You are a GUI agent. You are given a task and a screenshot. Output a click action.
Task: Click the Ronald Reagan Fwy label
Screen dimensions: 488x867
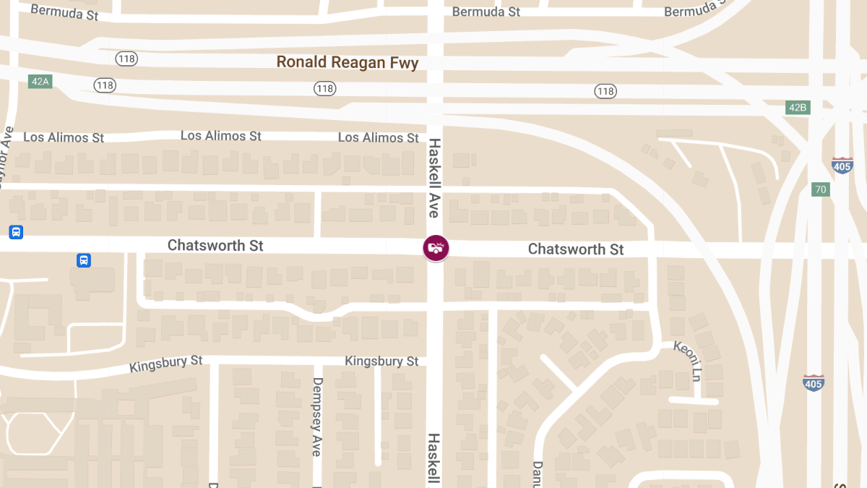coord(348,63)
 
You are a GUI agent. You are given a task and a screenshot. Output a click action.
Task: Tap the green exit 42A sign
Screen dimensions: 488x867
coord(40,81)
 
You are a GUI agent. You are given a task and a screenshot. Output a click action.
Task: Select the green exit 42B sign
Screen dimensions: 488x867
coord(797,108)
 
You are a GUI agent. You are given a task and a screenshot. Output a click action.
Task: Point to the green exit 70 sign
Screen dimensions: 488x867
coord(820,189)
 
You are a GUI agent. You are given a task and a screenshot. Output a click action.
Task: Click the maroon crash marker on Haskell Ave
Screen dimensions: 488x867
coord(436,248)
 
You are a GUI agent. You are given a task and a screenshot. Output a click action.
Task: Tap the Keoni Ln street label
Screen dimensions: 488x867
coord(687,359)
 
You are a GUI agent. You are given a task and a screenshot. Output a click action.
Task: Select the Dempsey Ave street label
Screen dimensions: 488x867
coord(316,416)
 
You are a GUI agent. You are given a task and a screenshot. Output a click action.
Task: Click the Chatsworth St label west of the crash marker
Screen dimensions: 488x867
coord(215,246)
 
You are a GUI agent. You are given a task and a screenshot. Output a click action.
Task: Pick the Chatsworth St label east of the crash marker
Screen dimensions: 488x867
coord(576,249)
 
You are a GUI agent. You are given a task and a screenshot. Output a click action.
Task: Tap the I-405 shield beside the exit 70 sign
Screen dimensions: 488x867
coord(842,165)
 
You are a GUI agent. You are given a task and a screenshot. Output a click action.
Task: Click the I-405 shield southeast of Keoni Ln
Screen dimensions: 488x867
coord(814,382)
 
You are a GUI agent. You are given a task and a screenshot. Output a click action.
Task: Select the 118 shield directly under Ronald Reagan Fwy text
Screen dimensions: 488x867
coord(325,88)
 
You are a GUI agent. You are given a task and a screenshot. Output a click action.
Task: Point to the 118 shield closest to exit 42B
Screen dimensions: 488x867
coord(605,91)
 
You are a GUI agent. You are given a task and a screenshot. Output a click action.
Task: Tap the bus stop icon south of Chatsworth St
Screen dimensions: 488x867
coord(84,260)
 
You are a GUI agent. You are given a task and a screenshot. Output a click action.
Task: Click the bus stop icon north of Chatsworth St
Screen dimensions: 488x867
coord(16,232)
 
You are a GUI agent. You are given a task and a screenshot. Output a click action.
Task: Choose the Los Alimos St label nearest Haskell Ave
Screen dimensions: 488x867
coord(378,137)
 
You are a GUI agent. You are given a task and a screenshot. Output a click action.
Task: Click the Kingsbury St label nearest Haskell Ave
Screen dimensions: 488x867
coord(381,361)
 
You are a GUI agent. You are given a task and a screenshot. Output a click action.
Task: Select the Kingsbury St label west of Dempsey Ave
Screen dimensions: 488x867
coord(166,364)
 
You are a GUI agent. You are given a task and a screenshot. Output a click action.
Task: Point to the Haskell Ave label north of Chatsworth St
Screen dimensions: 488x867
coord(434,178)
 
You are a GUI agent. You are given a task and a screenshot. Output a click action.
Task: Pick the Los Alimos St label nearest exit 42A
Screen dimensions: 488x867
coord(64,137)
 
